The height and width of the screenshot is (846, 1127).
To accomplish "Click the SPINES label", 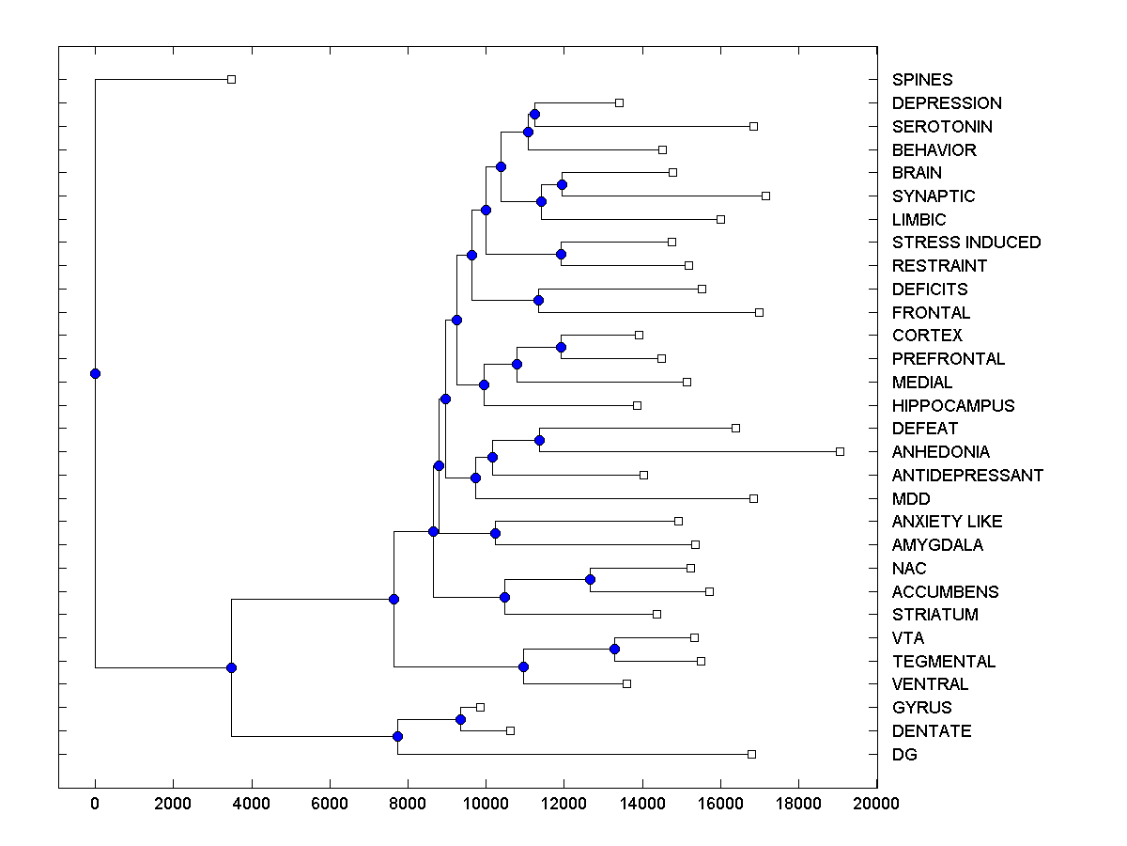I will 922,80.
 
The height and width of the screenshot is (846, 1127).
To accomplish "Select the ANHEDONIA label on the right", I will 941,452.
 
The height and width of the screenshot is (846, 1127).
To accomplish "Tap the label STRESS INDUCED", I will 966,243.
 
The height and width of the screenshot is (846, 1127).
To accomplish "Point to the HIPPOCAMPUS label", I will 953,406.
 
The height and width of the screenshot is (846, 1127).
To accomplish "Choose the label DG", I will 904,755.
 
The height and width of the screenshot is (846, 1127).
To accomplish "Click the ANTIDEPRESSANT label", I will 967,476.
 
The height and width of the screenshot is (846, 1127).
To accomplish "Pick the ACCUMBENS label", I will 945,592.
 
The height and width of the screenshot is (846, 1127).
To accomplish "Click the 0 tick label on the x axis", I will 95,803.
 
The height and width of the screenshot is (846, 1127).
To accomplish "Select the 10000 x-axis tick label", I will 486,803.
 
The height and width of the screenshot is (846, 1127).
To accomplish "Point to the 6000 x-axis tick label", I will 330,803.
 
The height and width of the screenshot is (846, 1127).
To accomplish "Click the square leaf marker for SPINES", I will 232,80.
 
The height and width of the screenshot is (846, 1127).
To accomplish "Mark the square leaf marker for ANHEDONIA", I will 840,452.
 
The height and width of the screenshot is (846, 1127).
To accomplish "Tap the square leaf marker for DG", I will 751,755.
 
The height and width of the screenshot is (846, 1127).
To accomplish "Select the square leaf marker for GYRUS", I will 480,707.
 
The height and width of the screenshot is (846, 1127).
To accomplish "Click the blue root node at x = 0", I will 95,373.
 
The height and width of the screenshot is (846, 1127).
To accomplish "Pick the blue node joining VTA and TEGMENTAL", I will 614,650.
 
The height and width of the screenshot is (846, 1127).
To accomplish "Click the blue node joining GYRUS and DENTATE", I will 460,719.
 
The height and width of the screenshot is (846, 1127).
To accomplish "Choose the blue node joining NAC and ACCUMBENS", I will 590,579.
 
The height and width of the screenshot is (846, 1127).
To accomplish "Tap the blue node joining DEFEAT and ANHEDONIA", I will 539,440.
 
